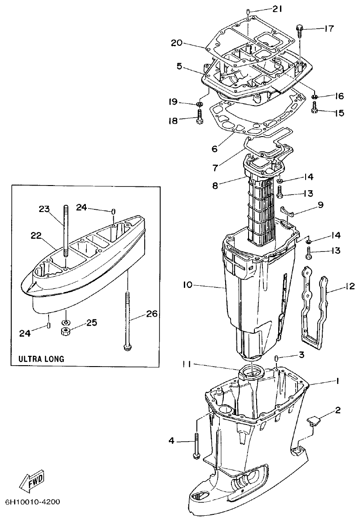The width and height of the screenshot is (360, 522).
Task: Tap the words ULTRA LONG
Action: click(41, 359)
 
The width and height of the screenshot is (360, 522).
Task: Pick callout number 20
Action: click(177, 43)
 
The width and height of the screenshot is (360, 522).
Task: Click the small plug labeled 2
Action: click(313, 421)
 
